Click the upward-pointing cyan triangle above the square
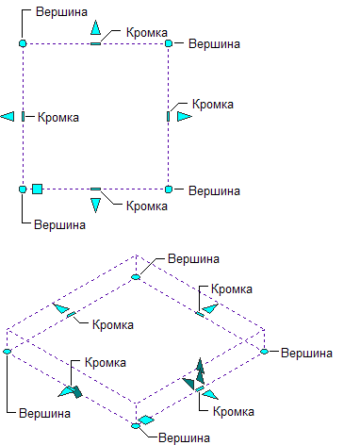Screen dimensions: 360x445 (x=95, y=27)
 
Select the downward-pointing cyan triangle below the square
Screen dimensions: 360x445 (x=95, y=206)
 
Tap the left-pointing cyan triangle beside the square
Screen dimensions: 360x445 (x=8, y=117)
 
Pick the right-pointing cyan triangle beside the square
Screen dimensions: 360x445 (x=184, y=117)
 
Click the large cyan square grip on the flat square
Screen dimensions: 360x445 (x=37, y=189)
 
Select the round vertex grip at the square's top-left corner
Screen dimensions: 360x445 (x=23, y=43)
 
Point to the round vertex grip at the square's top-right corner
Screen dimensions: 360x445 (x=169, y=43)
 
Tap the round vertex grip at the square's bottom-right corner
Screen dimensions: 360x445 (x=169, y=190)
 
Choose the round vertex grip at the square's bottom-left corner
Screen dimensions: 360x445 (x=23, y=190)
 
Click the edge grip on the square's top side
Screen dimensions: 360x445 (x=95, y=43)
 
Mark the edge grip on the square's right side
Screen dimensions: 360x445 (x=169, y=117)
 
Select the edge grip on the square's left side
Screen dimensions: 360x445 (x=23, y=117)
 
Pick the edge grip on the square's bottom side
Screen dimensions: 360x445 (x=95, y=190)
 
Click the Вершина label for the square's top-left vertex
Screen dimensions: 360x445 (x=61, y=12)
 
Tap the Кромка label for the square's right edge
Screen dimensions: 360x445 (x=213, y=105)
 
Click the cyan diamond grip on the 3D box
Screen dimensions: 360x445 (x=146, y=420)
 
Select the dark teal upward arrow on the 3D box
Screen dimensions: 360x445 (x=200, y=371)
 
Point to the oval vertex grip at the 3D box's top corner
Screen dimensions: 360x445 (x=136, y=277)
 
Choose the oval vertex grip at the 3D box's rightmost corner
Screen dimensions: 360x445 (x=265, y=352)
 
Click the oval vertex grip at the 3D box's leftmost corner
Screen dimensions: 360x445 (x=7, y=352)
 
